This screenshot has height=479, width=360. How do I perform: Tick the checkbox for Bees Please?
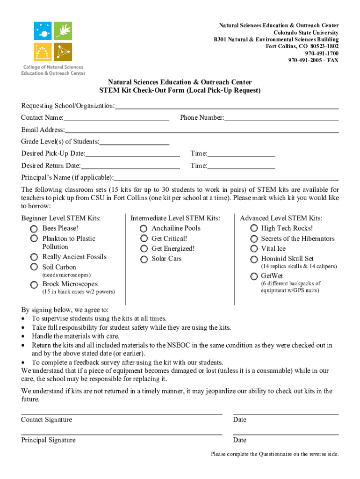pyautogui.click(x=34, y=228)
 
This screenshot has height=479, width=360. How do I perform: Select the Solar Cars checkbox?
pyautogui.click(x=144, y=259)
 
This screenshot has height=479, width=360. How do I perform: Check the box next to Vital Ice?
pyautogui.click(x=253, y=249)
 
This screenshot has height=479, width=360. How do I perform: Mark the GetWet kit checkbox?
pyautogui.click(x=253, y=276)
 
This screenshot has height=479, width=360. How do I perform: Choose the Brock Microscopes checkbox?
pyautogui.click(x=34, y=284)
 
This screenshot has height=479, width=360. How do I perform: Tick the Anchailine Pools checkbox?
pyautogui.click(x=144, y=228)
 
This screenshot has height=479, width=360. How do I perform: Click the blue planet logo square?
pyautogui.click(x=43, y=31)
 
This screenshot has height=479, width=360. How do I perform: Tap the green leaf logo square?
pyautogui.click(x=63, y=31)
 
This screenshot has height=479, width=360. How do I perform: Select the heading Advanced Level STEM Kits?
pyautogui.click(x=281, y=218)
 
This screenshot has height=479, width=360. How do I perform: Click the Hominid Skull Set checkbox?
pyautogui.click(x=253, y=259)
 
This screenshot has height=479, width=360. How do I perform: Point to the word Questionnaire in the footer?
pyautogui.click(x=281, y=454)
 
